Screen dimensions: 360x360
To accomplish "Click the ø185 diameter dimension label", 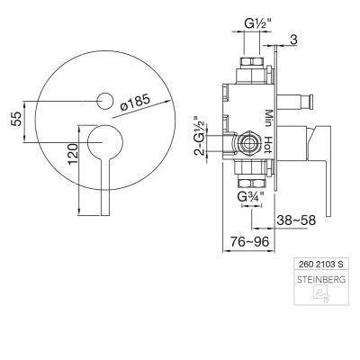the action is pos(135,103).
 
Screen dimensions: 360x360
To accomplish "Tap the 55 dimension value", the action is pos(16,119).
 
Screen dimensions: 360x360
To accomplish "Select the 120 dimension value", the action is pos(73,154).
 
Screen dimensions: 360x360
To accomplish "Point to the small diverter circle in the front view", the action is pos(105,101).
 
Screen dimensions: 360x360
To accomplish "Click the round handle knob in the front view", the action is pos(105,141).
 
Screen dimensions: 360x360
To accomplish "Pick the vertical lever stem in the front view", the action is pos(105,186).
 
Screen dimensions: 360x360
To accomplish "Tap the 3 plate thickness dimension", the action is pos(294,40).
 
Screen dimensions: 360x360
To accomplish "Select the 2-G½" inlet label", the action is pos(200,135).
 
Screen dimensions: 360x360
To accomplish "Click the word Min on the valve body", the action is pos(268,118).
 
